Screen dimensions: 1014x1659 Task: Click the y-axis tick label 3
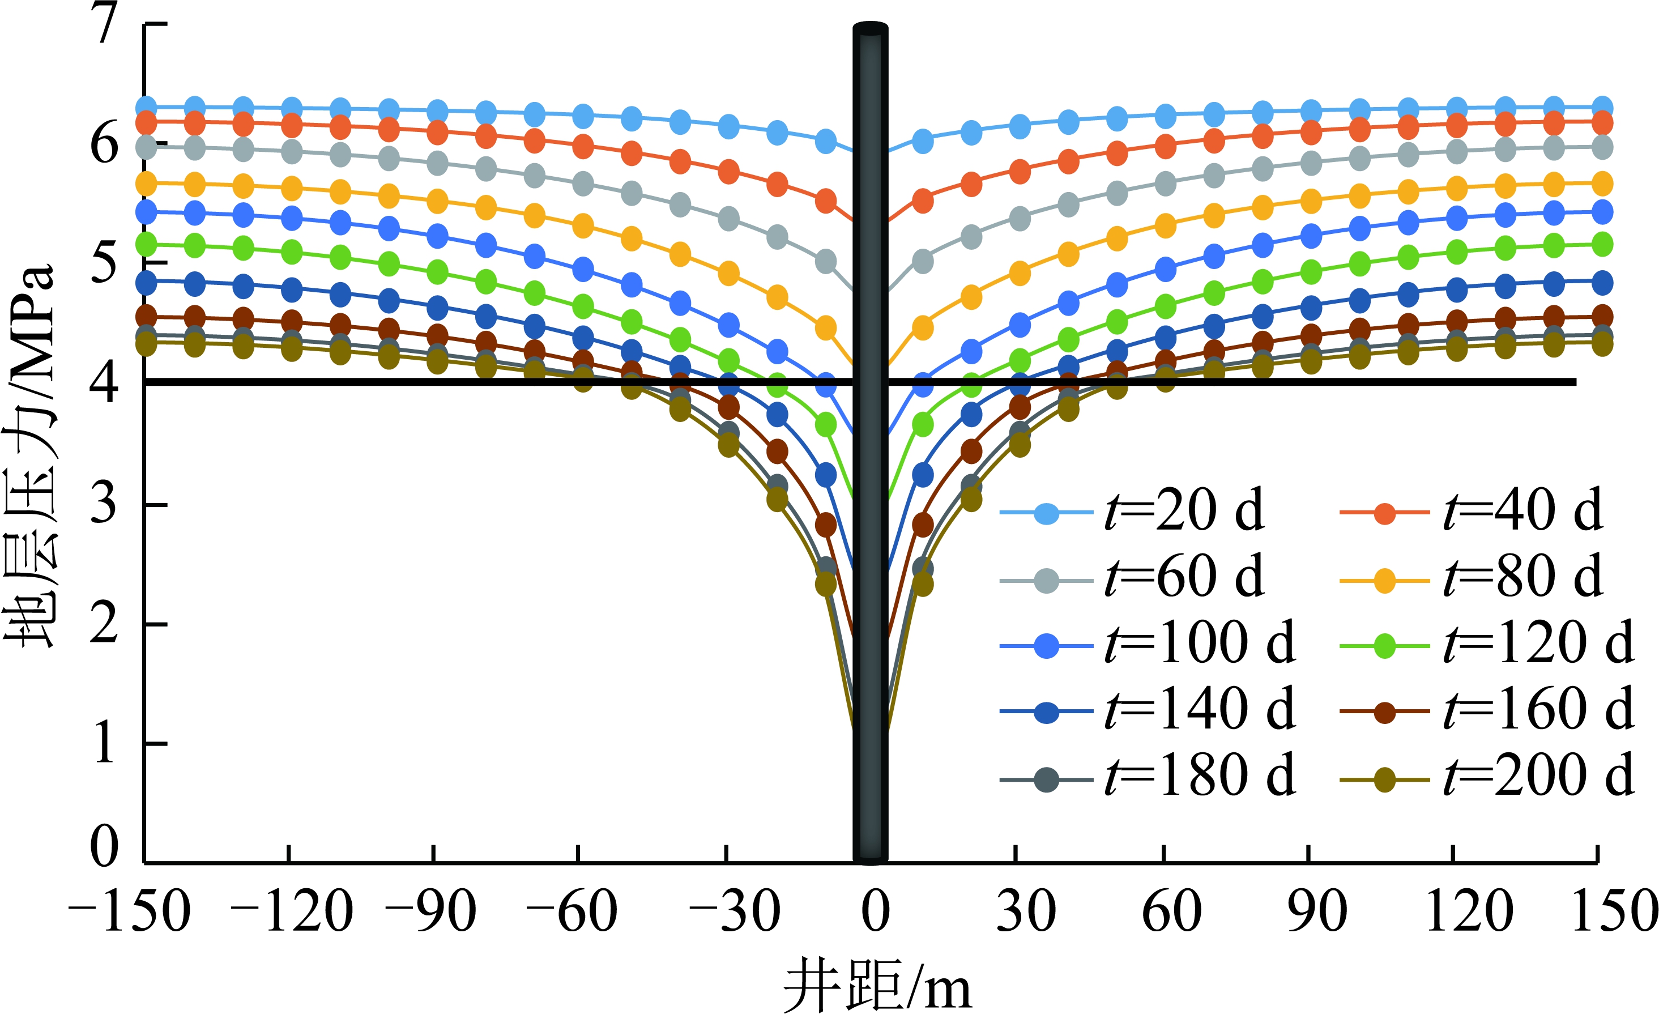(x=104, y=504)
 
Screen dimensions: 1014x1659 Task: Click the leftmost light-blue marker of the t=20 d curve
(x=147, y=107)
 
